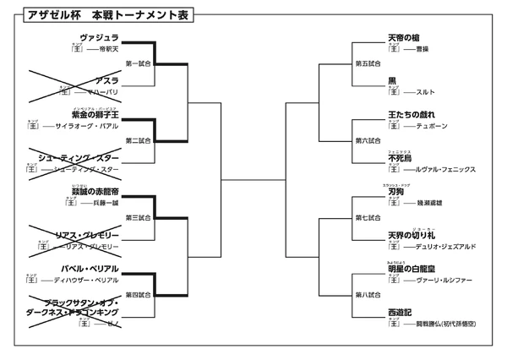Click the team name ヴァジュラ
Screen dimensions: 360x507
tap(99, 38)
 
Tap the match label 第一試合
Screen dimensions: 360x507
tap(138, 63)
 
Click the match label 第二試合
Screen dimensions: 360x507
tap(138, 140)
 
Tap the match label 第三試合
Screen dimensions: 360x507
tap(138, 218)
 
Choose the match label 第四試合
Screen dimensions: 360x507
tap(138, 295)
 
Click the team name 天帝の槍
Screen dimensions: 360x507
tap(404, 38)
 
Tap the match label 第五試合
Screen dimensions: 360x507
tap(368, 63)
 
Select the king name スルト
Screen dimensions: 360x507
tap(424, 90)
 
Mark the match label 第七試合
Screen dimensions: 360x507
tap(368, 218)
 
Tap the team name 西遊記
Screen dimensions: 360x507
tap(404, 312)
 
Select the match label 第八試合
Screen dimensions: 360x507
tap(368, 295)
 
